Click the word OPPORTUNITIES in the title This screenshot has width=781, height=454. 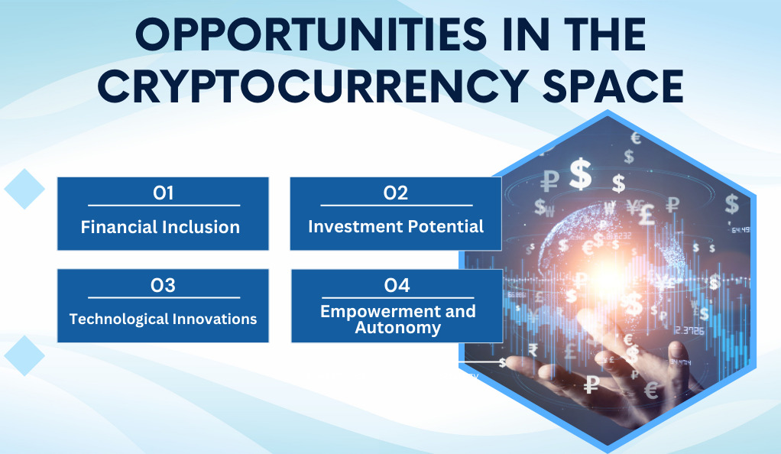(x=310, y=34)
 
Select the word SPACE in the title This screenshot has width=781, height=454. (x=613, y=86)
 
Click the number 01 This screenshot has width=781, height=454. (x=164, y=193)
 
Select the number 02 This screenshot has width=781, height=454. (x=396, y=193)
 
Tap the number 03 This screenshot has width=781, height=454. (x=164, y=286)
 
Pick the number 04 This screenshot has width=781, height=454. (x=397, y=286)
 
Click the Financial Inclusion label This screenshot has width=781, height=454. (x=160, y=227)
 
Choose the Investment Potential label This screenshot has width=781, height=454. (x=396, y=227)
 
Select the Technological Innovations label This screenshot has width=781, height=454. (x=163, y=319)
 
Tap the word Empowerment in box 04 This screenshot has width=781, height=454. (x=379, y=312)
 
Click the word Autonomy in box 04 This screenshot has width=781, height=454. (x=398, y=328)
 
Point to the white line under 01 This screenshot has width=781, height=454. (x=164, y=205)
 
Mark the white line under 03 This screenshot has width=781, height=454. (x=164, y=297)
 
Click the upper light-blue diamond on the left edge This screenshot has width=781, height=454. (x=24, y=189)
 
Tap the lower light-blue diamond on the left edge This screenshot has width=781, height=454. (x=24, y=356)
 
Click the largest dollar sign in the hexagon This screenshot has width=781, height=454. (x=581, y=174)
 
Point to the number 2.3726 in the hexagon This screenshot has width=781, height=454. (x=690, y=330)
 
